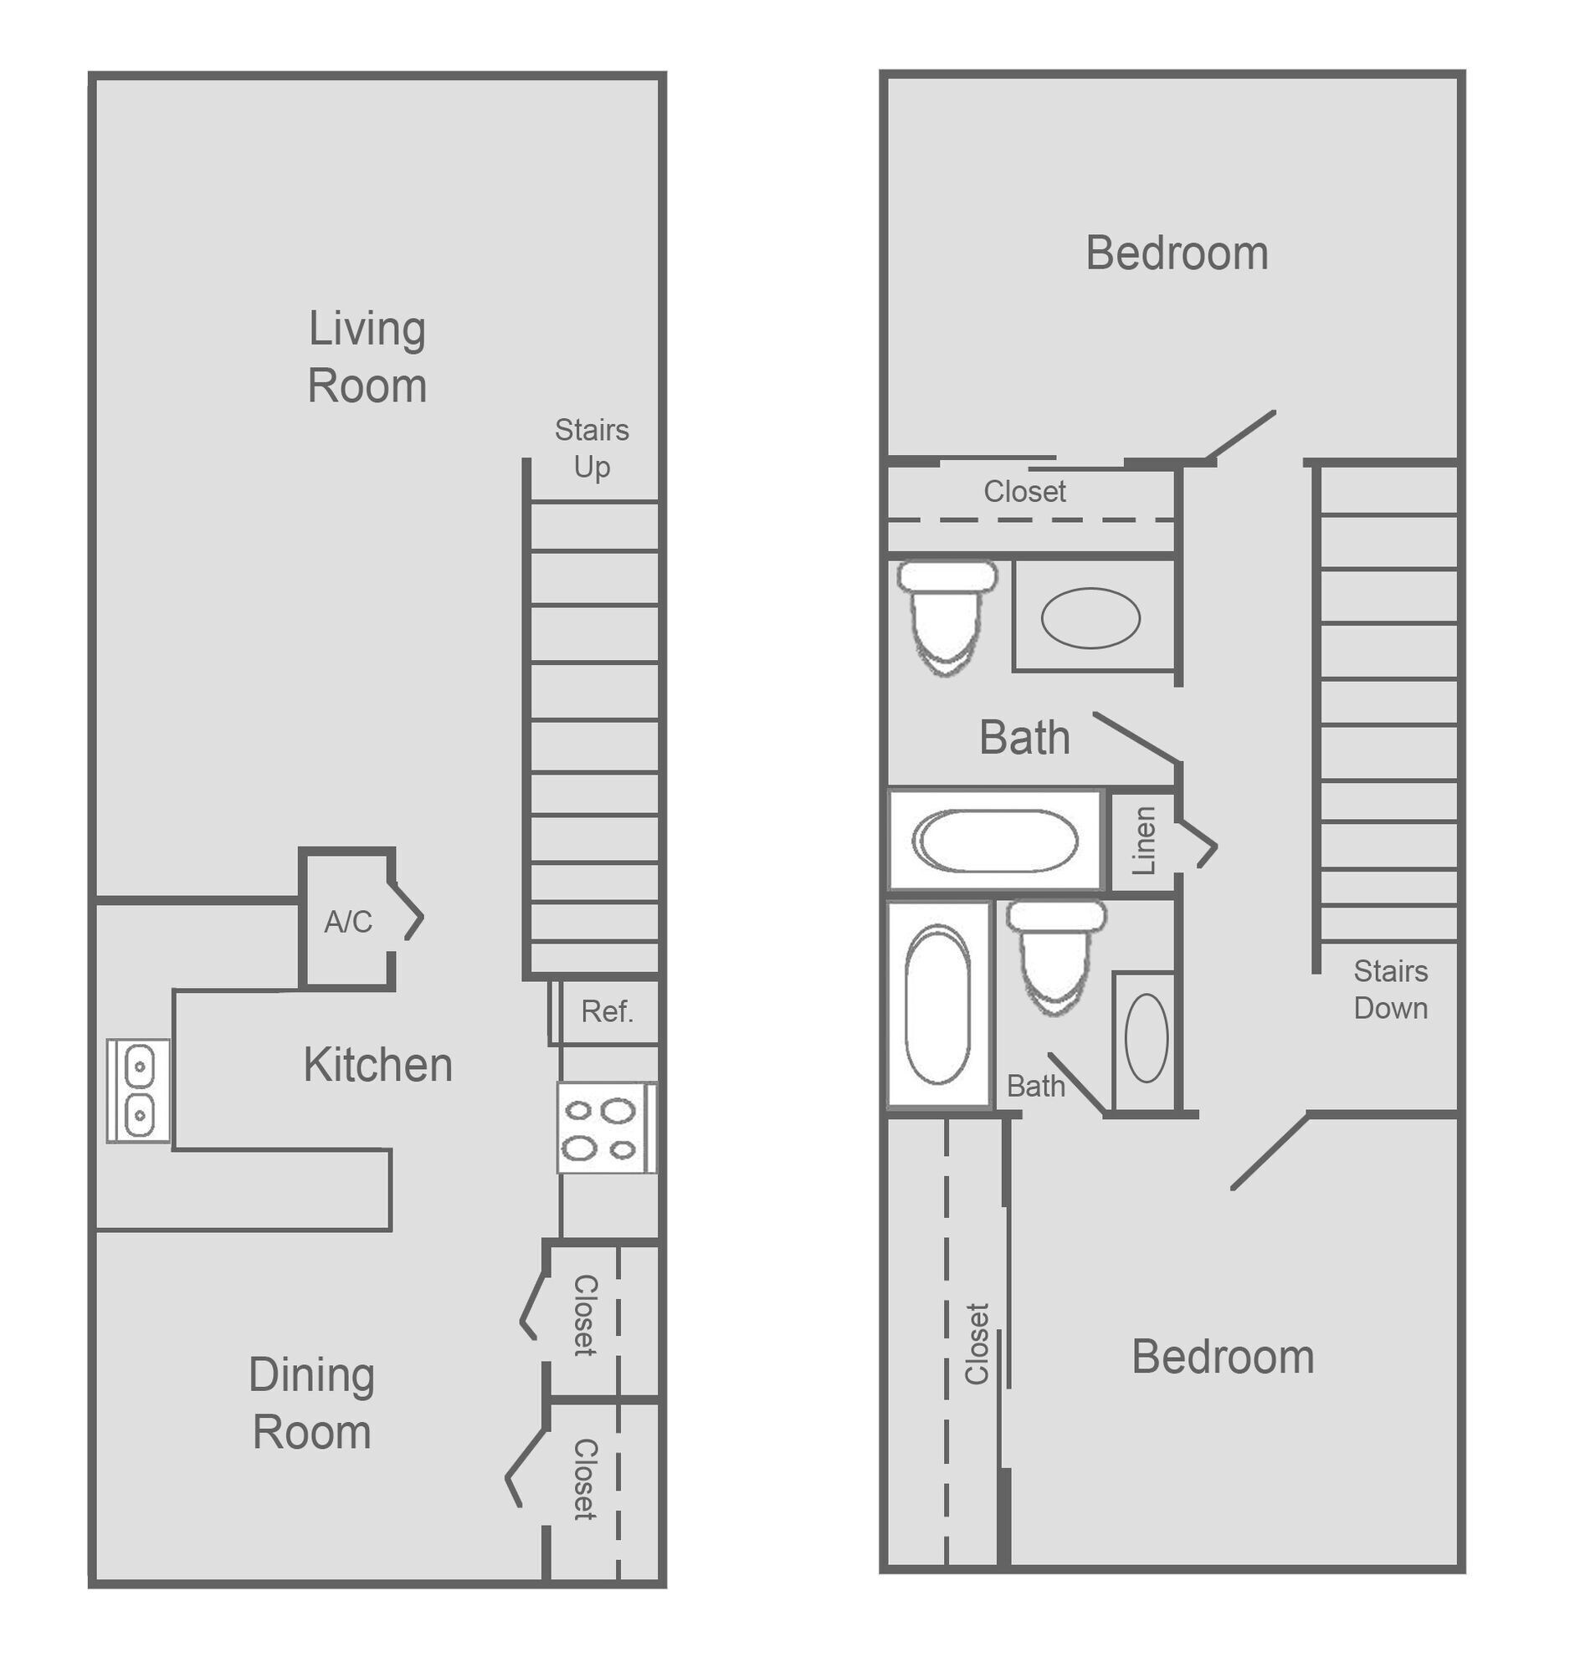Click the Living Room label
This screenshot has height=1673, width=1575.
pyautogui.click(x=367, y=357)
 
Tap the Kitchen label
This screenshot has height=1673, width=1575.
pyautogui.click(x=378, y=1066)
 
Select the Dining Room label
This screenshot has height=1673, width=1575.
pyautogui.click(x=311, y=1403)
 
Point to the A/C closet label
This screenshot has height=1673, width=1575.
pyautogui.click(x=347, y=923)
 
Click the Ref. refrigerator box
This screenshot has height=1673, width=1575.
pyautogui.click(x=607, y=1011)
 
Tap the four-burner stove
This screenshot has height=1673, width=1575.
pyautogui.click(x=603, y=1128)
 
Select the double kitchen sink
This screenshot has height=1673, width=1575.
pyautogui.click(x=139, y=1092)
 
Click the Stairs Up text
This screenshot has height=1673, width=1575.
pyautogui.click(x=592, y=448)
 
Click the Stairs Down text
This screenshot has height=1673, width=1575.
pyautogui.click(x=1391, y=990)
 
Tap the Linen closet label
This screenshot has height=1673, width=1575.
pyautogui.click(x=1143, y=841)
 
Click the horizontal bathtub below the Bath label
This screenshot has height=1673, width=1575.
pyautogui.click(x=994, y=841)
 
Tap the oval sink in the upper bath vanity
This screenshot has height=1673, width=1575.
pyautogui.click(x=1090, y=617)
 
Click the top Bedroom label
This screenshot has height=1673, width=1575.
pyautogui.click(x=1177, y=253)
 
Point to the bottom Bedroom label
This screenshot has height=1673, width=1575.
pyautogui.click(x=1223, y=1358)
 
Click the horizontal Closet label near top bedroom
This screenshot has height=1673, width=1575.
pyautogui.click(x=1024, y=492)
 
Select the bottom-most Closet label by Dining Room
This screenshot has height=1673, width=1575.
pyautogui.click(x=584, y=1480)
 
